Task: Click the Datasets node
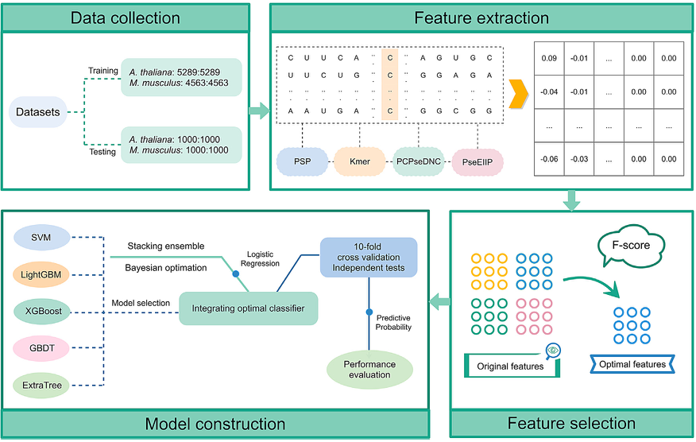[x=38, y=112]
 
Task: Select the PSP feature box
[x=302, y=162]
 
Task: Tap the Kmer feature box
[x=360, y=162]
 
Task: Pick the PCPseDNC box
[x=419, y=162]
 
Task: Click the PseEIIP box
[x=478, y=162]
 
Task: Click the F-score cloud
[x=629, y=245]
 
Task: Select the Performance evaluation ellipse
[x=370, y=368]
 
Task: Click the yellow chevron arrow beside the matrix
[x=518, y=94]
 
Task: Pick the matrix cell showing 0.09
[x=548, y=58]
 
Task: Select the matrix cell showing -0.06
[x=548, y=160]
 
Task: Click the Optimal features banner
[x=628, y=364]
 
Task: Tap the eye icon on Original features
[x=553, y=350]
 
